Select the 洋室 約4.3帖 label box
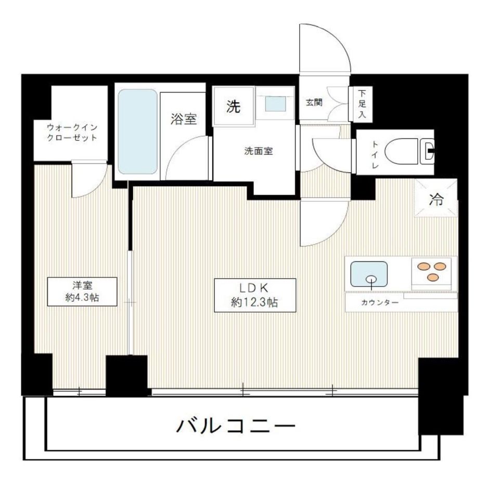[x=80, y=292]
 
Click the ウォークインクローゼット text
[x=72, y=133]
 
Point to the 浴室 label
[x=184, y=119]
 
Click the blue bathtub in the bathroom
[x=137, y=132]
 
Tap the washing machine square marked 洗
[x=233, y=107]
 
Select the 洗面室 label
[x=259, y=152]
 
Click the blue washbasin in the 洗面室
[x=276, y=104]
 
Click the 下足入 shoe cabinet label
[x=362, y=104]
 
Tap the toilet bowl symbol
[x=408, y=151]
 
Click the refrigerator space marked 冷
[x=436, y=198]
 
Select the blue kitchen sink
[x=369, y=274]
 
